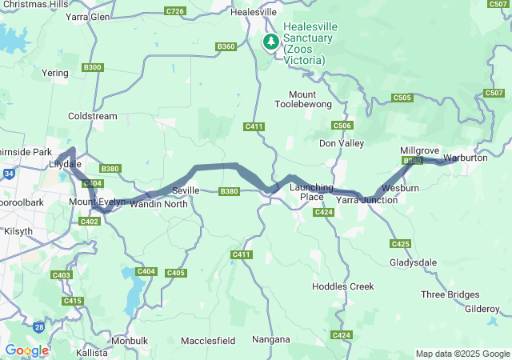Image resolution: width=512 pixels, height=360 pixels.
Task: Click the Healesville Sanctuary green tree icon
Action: tap(271, 41)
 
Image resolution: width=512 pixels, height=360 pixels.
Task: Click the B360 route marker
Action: tap(226, 47)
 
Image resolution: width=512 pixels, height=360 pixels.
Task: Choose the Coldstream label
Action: tap(93, 116)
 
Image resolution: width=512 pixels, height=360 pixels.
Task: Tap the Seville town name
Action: tap(186, 190)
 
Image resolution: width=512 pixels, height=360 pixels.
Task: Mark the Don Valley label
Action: tap(342, 143)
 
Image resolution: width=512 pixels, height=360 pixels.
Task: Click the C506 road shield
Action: tap(342, 126)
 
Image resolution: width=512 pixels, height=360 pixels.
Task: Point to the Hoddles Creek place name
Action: tap(342, 286)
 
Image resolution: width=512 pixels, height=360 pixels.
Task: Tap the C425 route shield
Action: tap(401, 243)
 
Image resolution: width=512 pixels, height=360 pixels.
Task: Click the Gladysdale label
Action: tap(413, 262)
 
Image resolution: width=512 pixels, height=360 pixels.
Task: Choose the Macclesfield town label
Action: tap(208, 340)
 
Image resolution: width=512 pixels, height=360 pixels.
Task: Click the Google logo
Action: tap(26, 350)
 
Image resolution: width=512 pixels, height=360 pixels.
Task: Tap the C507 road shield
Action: tap(494, 94)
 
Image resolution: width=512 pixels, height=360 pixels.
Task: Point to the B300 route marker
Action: tap(92, 67)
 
